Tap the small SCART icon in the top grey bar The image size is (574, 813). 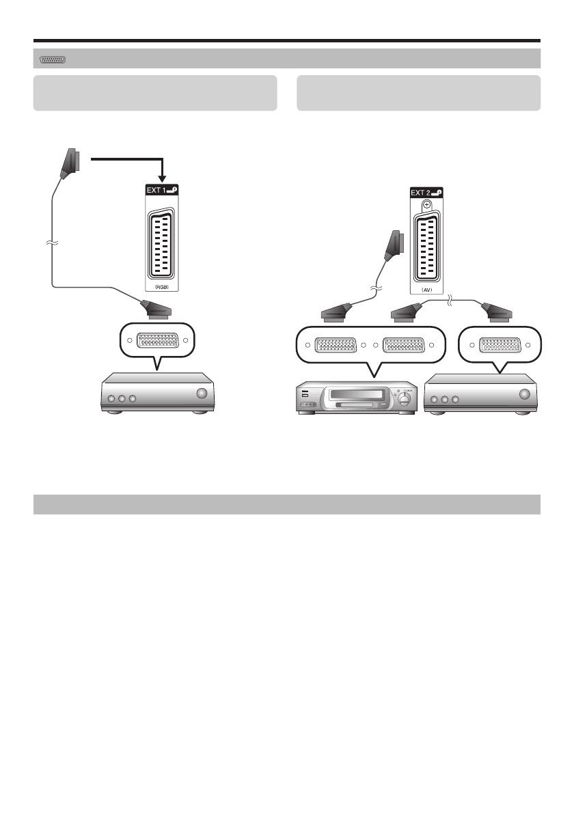pyautogui.click(x=53, y=60)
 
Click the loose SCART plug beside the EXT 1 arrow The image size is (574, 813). pyautogui.click(x=72, y=163)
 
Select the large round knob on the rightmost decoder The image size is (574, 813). pyautogui.click(x=525, y=394)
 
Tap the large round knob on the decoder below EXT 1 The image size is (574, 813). pyautogui.click(x=201, y=394)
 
